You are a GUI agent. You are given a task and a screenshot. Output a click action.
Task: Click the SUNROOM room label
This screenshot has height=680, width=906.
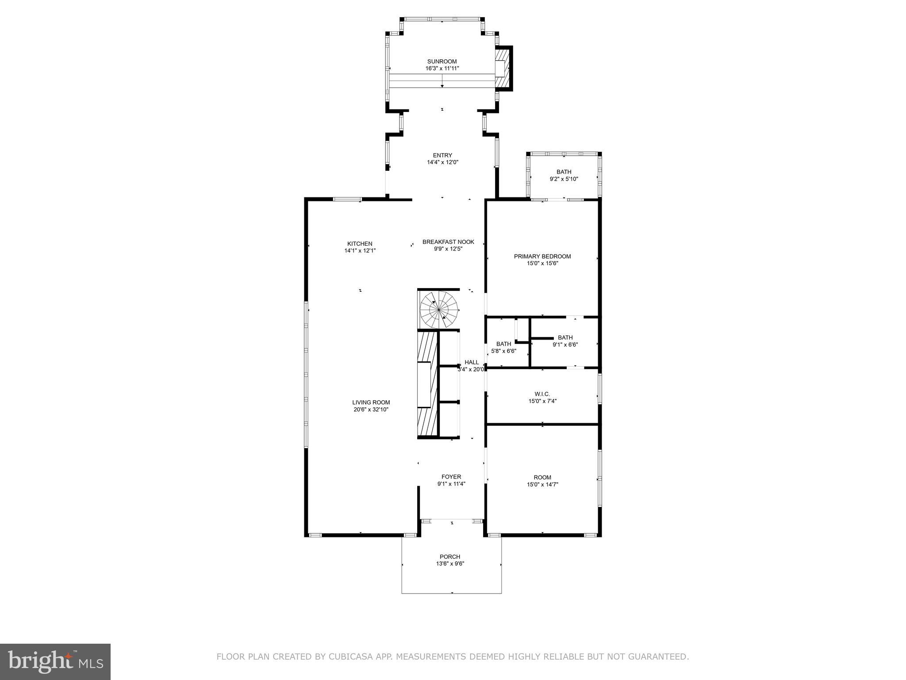click(441, 62)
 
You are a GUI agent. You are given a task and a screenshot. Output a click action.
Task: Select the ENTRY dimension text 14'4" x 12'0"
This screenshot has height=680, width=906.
click(442, 162)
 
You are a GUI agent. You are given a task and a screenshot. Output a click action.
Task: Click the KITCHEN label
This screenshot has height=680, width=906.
click(360, 243)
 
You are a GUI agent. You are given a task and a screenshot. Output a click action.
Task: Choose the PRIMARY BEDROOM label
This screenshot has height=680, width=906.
click(542, 256)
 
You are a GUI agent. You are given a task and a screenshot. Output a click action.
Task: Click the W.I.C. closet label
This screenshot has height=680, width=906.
click(542, 394)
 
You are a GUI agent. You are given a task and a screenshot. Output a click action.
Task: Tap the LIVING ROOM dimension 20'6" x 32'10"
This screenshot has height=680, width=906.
click(371, 410)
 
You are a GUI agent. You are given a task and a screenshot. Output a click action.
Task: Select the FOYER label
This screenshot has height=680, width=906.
click(451, 477)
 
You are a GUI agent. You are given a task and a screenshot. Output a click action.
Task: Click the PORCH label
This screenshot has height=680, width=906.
click(450, 556)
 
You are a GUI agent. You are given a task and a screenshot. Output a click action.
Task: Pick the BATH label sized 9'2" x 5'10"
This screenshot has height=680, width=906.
click(564, 172)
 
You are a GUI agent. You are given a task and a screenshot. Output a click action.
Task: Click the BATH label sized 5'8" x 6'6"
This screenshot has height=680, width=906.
click(503, 344)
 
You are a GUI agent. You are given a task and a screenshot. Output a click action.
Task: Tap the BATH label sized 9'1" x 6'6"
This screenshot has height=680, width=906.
click(565, 338)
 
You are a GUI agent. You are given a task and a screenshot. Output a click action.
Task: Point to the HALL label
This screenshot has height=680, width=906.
click(472, 362)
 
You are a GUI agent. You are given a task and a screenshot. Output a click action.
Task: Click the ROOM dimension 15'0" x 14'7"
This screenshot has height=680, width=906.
click(542, 484)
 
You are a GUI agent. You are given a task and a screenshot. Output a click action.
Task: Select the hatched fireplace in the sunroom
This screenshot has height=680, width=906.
click(503, 69)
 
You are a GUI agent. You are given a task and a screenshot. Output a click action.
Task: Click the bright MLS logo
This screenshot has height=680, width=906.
click(55, 662)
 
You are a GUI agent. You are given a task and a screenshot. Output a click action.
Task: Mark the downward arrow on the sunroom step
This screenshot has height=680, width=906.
click(442, 84)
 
